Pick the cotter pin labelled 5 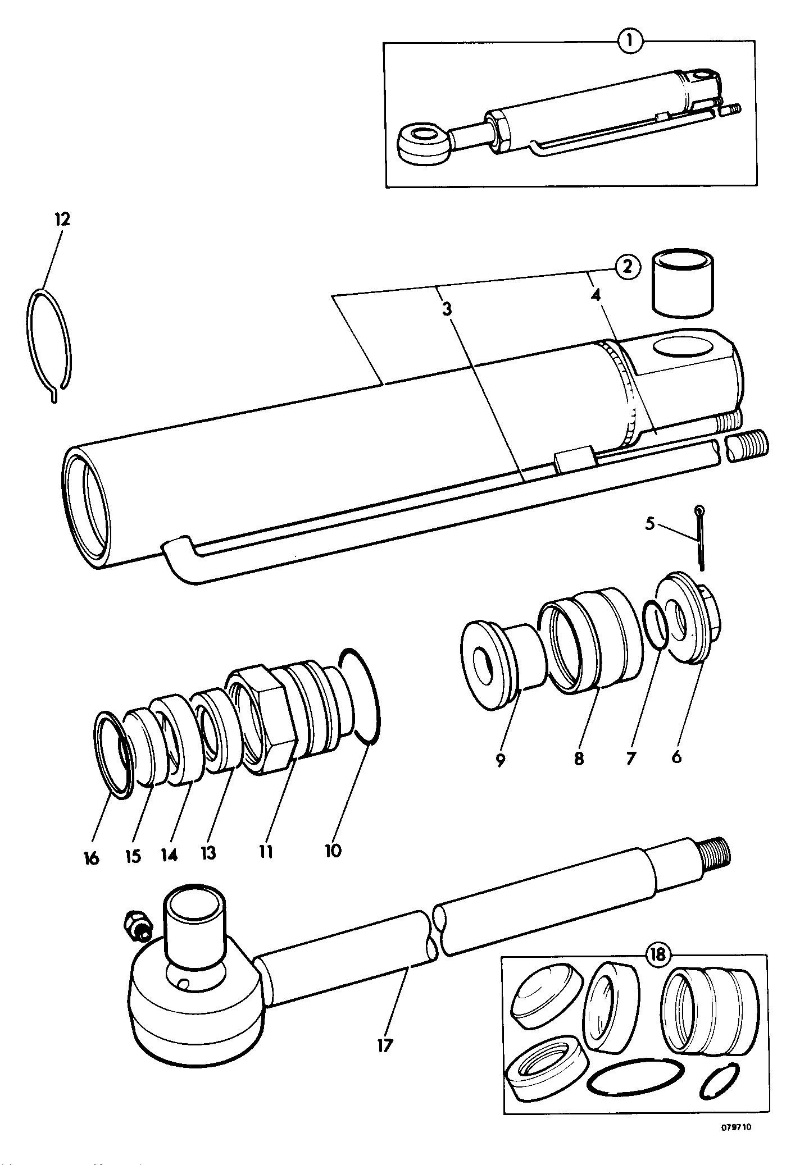click(699, 538)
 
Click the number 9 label click(500, 760)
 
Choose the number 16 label click(90, 857)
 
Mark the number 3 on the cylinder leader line click(447, 309)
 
